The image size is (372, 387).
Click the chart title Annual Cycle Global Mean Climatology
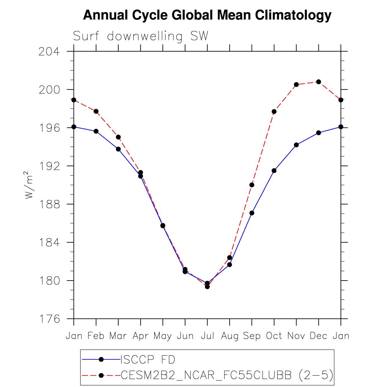207,15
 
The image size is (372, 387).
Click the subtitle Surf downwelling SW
141,36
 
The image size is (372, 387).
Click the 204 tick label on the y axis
49,52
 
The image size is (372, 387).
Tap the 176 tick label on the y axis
49,319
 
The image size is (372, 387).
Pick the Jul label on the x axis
207,336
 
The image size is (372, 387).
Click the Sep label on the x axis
252,336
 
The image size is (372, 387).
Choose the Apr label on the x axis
140,336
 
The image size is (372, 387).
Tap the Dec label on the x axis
318,336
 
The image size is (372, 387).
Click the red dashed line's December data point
318,82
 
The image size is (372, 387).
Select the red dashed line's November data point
296,85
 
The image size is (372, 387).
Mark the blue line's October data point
274,170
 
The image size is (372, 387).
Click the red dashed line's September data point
252,185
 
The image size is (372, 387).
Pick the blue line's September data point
252,213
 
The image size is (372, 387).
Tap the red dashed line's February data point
96,111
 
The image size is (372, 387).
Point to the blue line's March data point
118,149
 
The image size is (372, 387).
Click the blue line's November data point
296,145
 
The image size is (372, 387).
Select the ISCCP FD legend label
148,360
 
